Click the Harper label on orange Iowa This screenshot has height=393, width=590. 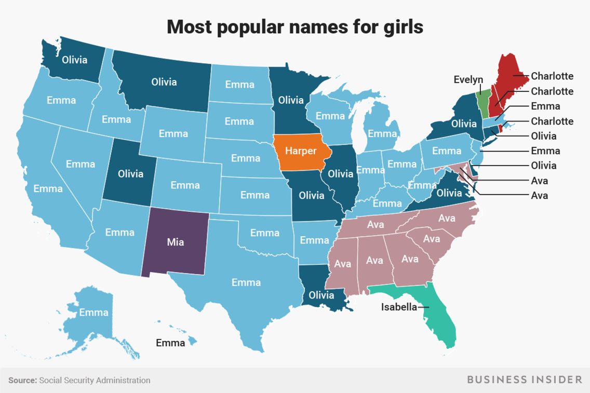click(x=300, y=152)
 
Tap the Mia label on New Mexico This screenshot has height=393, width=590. click(x=176, y=242)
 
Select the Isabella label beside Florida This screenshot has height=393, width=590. click(x=399, y=307)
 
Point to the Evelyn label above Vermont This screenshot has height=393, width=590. click(x=468, y=79)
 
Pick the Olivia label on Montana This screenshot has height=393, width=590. click(x=164, y=82)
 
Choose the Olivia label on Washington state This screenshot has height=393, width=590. click(x=74, y=59)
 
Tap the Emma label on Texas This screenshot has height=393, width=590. click(x=246, y=282)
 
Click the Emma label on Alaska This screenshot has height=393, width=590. click(x=94, y=312)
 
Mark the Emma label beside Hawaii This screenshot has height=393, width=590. click(x=170, y=343)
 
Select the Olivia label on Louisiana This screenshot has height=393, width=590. click(x=321, y=295)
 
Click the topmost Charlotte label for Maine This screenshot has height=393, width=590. click(x=552, y=76)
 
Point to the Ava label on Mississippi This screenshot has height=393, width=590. click(x=343, y=263)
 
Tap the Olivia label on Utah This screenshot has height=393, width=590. click(x=130, y=173)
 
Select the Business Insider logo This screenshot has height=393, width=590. click(x=525, y=380)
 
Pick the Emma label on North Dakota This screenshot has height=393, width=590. click(x=239, y=84)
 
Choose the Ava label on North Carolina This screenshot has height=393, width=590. click(x=447, y=219)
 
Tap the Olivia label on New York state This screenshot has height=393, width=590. click(x=464, y=124)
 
